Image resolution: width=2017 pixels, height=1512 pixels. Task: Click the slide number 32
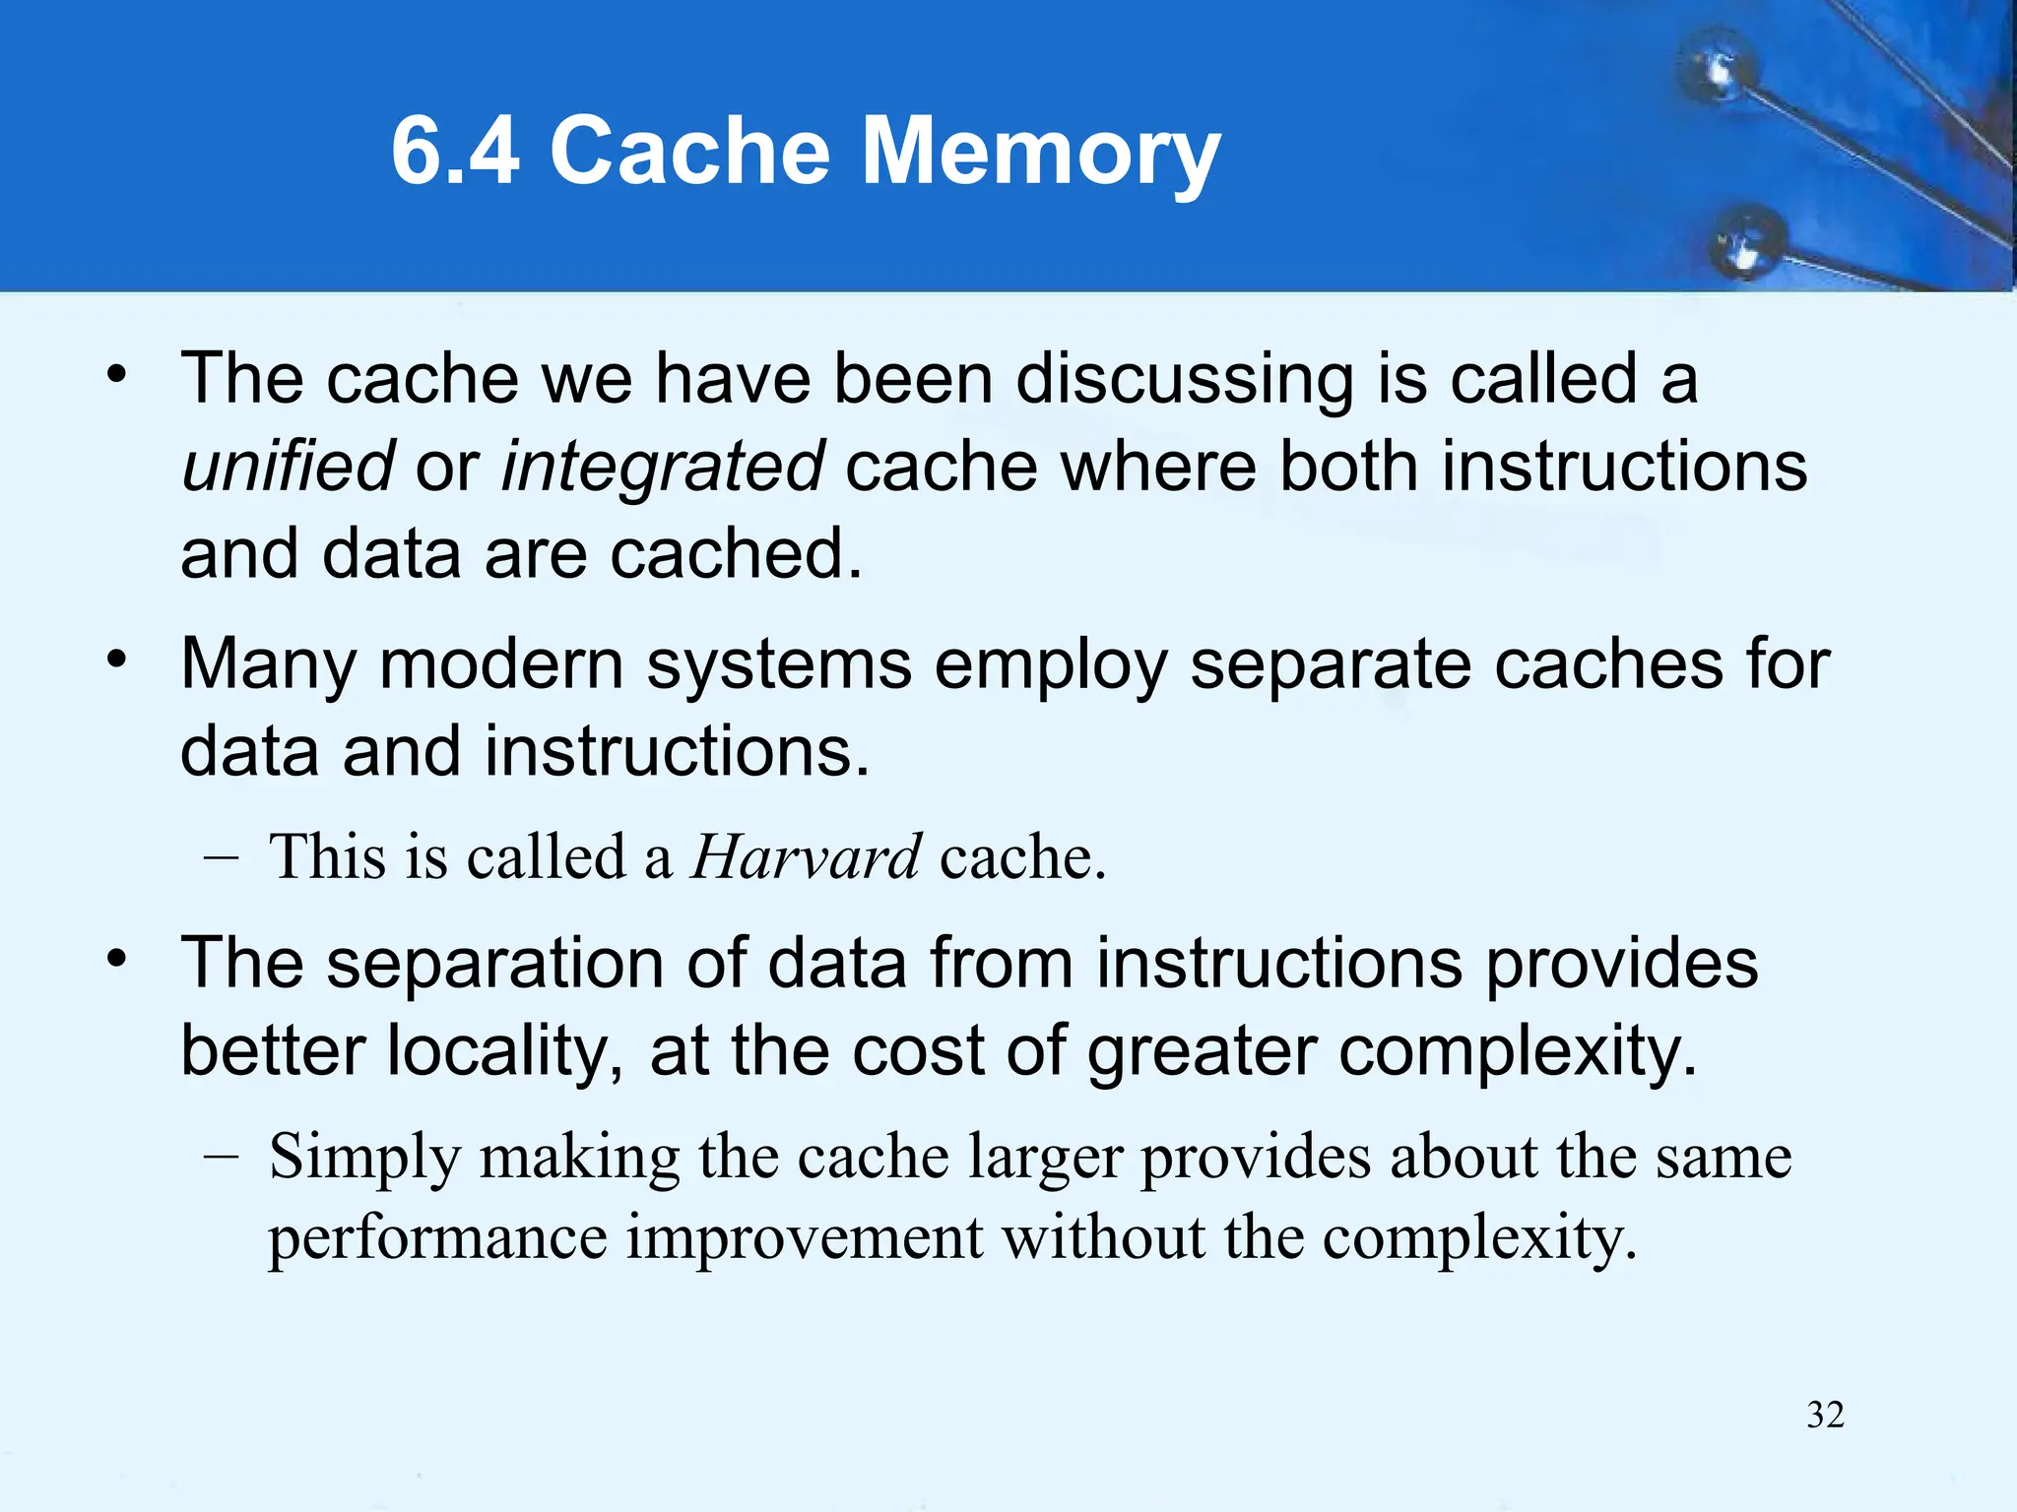click(x=1825, y=1415)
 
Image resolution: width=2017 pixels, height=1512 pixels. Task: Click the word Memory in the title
click(x=1041, y=153)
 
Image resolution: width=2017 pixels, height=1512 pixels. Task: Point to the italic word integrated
click(x=663, y=468)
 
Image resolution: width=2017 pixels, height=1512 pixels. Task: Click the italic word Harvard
click(x=806, y=856)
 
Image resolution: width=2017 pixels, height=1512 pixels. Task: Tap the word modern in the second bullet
click(x=501, y=664)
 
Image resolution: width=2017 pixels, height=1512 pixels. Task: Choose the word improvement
click(x=805, y=1237)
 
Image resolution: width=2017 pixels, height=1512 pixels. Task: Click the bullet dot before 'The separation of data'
click(x=118, y=958)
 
